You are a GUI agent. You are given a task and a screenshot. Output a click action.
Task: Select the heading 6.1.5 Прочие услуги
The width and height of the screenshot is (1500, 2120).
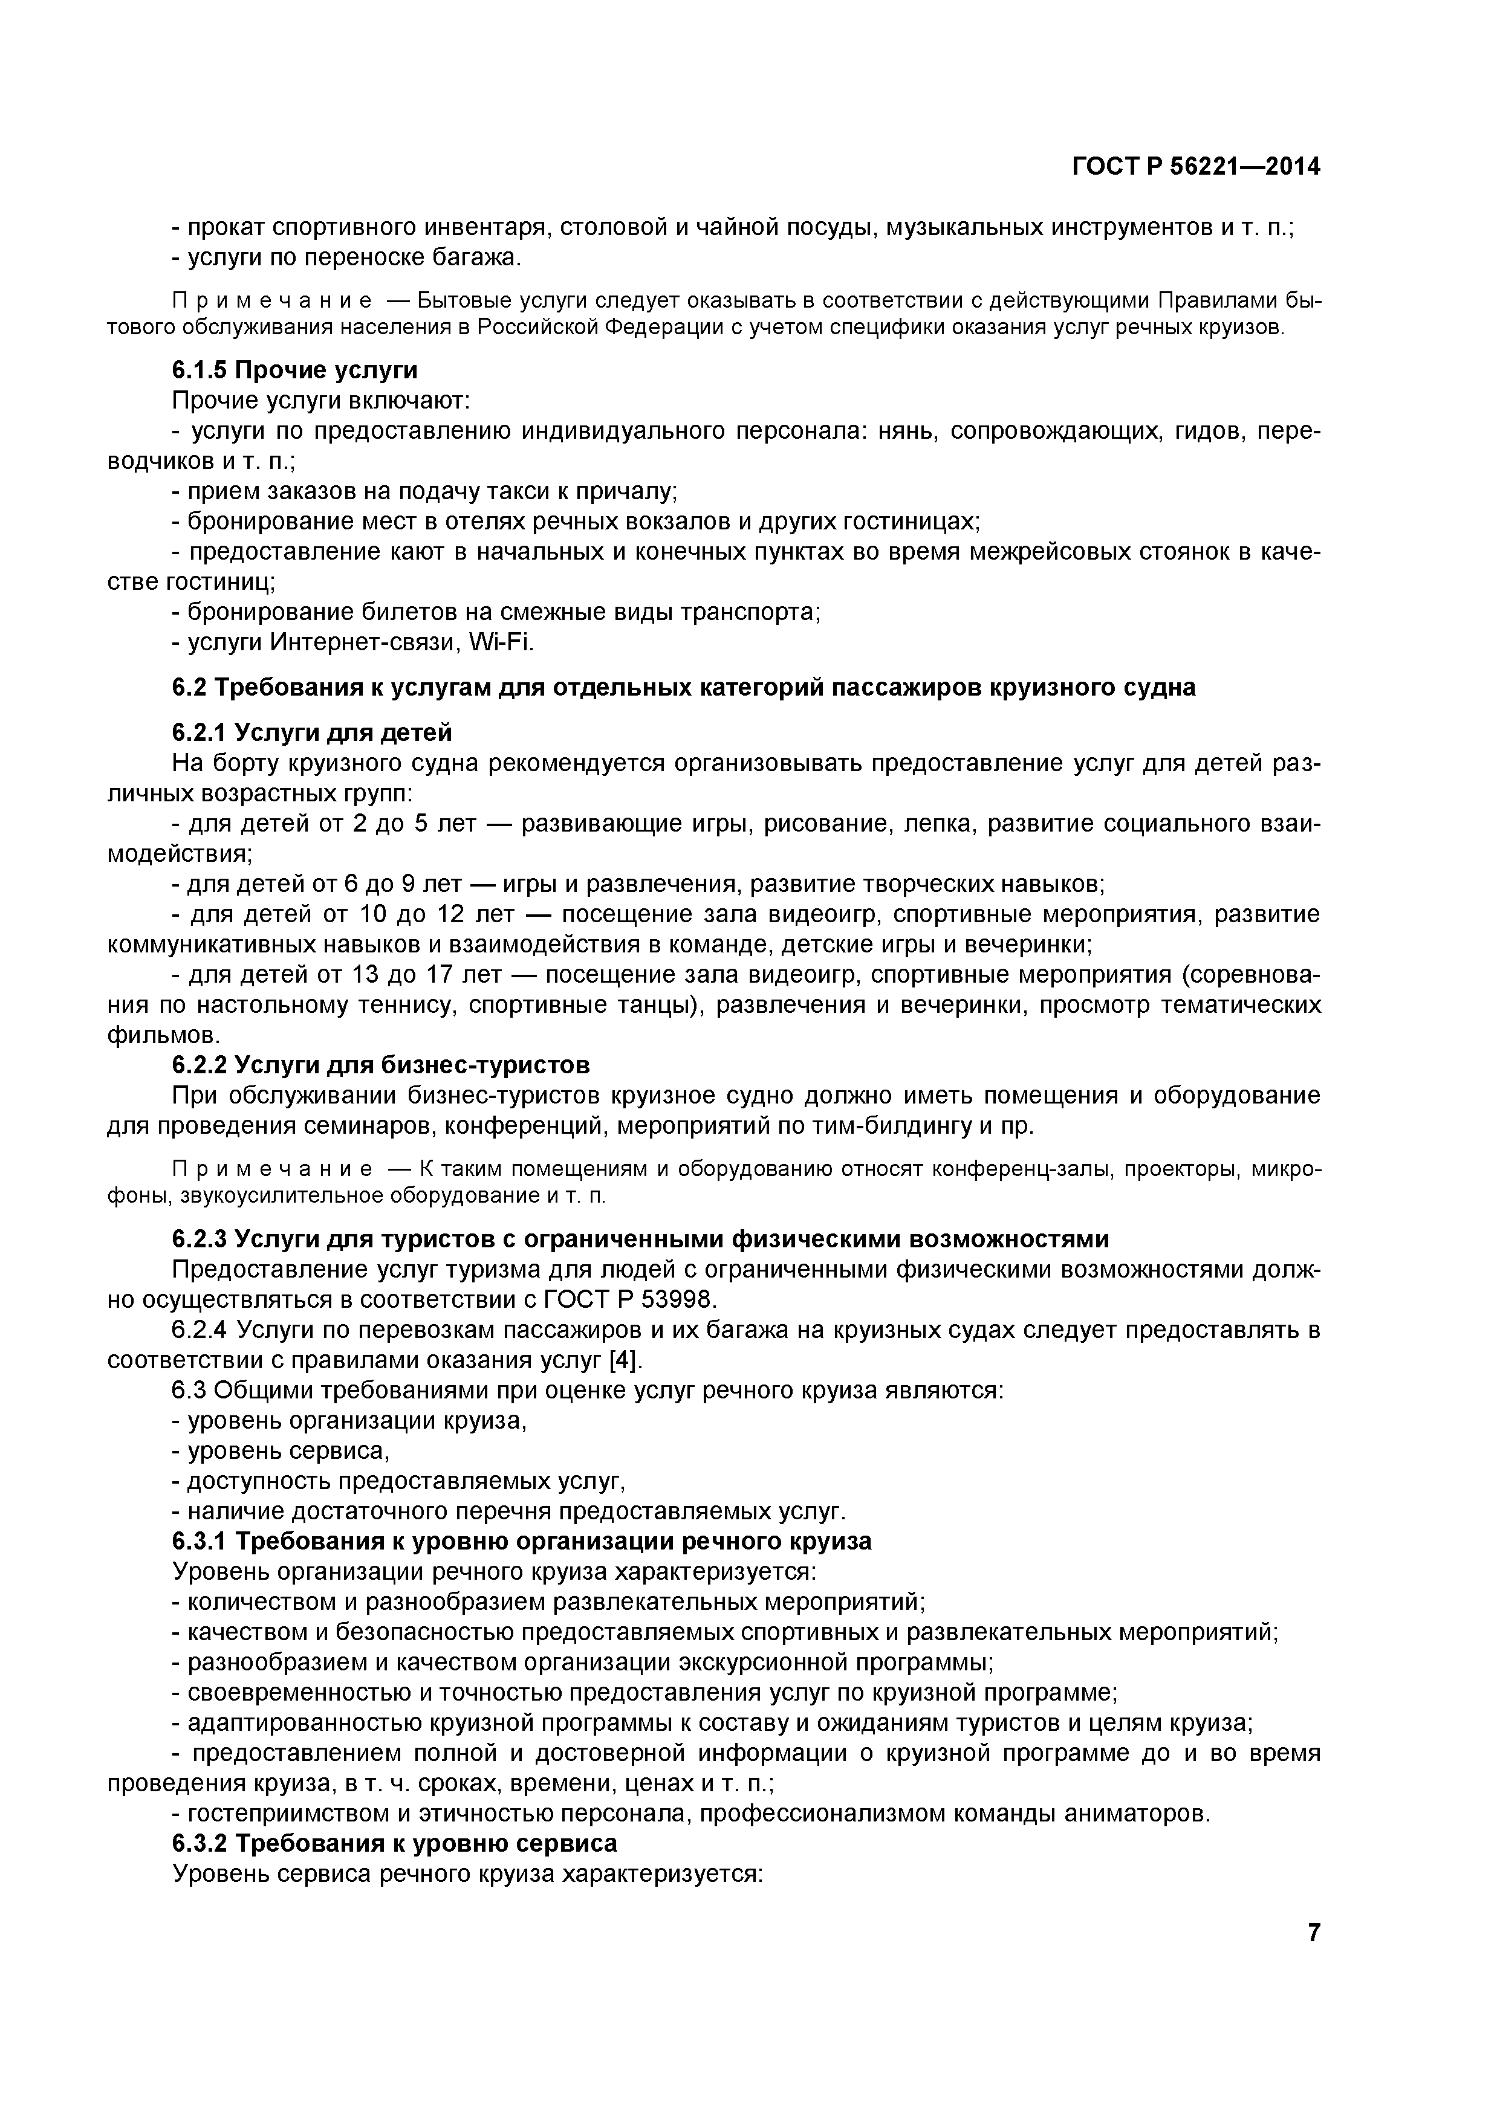coord(294,370)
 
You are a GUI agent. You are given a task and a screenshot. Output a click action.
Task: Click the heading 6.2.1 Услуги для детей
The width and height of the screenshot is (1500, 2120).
coord(311,732)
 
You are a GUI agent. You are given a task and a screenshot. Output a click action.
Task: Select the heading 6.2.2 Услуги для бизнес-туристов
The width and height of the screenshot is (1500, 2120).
coord(380,1065)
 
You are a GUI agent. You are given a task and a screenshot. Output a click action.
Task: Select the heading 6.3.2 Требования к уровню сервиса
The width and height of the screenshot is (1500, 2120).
coord(394,1843)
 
